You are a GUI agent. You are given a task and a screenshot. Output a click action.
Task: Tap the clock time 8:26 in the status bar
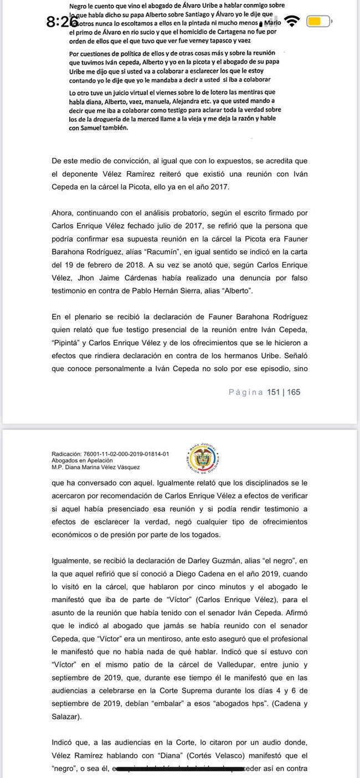(62, 22)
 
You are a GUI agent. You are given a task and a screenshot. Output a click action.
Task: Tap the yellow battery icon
(318, 22)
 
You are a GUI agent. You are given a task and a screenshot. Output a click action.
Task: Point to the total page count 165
(294, 392)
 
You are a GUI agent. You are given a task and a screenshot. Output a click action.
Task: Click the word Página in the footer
(246, 392)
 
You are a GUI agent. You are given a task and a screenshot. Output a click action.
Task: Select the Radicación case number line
(110, 454)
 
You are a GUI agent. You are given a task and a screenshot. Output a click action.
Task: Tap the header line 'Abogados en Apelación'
(81, 461)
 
